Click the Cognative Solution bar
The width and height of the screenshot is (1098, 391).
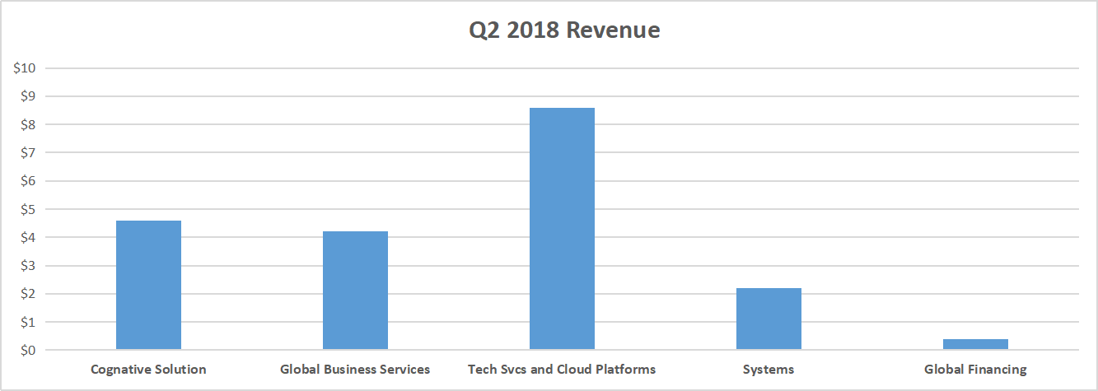point(148,285)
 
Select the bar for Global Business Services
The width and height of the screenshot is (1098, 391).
point(355,291)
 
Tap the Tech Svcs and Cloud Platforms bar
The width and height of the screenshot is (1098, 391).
point(562,229)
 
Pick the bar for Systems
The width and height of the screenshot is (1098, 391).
point(769,319)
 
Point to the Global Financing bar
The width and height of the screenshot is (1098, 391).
point(975,344)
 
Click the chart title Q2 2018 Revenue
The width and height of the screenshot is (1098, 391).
point(564,30)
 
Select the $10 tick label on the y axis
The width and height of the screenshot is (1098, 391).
point(24,68)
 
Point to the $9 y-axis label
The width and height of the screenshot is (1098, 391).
point(27,96)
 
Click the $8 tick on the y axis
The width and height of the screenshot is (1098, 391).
point(27,124)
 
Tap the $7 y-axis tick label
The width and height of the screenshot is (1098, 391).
point(27,152)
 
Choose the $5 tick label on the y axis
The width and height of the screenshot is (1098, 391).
point(27,209)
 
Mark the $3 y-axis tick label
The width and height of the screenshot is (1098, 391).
point(27,265)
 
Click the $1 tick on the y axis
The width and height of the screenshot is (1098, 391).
point(27,322)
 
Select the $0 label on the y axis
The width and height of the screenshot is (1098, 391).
point(27,350)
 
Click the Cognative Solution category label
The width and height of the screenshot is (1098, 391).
point(148,370)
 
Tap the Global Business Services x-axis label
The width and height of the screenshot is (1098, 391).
point(355,370)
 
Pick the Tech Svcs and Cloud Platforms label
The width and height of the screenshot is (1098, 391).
point(562,370)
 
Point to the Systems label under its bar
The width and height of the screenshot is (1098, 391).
point(769,370)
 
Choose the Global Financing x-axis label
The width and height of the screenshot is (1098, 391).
point(975,370)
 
